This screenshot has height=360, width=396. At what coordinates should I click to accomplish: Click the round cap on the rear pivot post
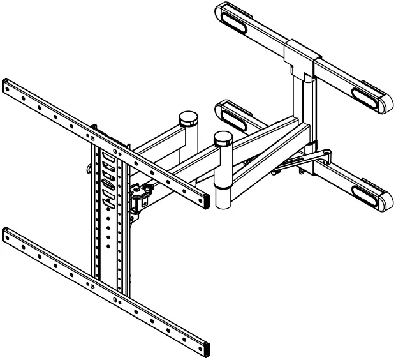tap(187, 118)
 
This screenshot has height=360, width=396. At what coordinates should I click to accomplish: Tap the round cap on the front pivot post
tap(223, 137)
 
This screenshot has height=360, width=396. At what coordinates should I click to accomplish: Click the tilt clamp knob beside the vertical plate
tap(139, 191)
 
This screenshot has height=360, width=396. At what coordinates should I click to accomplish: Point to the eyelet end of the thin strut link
tap(326, 153)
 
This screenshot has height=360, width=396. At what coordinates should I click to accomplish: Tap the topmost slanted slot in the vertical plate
tap(106, 156)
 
